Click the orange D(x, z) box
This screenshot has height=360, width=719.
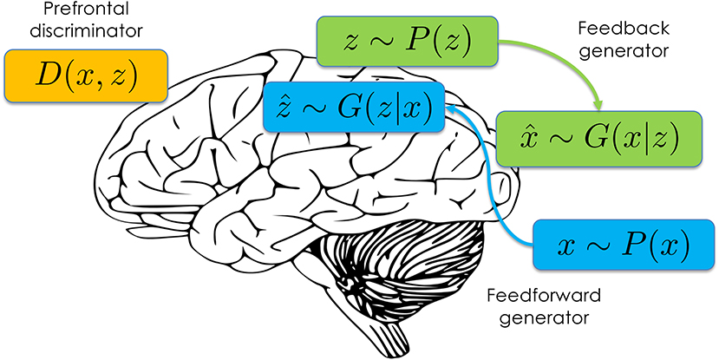click(86, 75)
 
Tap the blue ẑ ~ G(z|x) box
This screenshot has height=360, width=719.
click(354, 107)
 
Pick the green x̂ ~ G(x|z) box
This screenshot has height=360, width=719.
click(599, 139)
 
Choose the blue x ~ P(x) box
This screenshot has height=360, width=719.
click(624, 245)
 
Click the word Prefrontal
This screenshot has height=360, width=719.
click(86, 9)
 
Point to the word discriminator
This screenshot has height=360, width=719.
click(86, 30)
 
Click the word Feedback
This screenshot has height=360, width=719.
click(624, 29)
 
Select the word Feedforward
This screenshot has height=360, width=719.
click(544, 295)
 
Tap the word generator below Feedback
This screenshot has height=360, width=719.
click(624, 50)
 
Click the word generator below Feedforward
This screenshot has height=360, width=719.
click(544, 317)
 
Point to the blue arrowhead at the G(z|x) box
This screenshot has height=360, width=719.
click(452, 108)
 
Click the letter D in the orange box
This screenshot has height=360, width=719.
click(46, 76)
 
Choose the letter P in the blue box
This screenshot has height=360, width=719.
click(632, 245)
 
